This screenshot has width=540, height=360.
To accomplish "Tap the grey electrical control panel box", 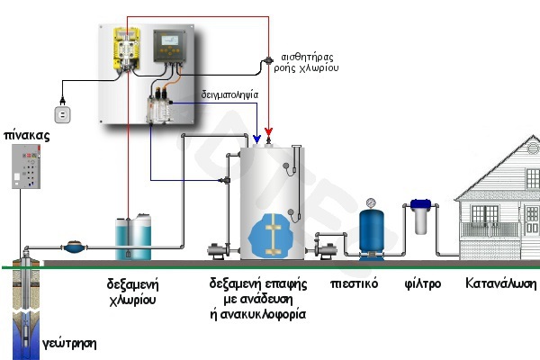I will [x=29, y=166].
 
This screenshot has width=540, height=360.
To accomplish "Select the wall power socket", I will [x=63, y=114].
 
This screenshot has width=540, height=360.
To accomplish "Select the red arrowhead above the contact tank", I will [x=269, y=139].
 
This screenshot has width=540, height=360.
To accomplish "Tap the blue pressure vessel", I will [x=370, y=232].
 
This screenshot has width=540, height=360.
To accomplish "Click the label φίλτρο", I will [x=421, y=284].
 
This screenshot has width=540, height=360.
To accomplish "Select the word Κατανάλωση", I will [x=500, y=284].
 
